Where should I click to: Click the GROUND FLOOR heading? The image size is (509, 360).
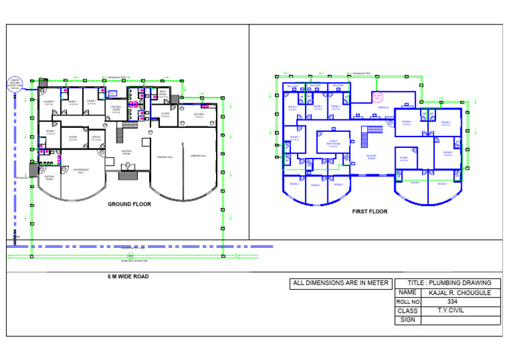[129, 205]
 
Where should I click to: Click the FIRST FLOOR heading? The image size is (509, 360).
[370, 212]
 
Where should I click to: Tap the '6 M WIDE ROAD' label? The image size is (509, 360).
[129, 276]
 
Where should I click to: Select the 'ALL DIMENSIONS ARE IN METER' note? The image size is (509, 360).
[341, 283]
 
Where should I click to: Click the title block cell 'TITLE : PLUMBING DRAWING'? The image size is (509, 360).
[449, 283]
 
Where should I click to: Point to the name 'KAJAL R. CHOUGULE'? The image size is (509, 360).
[460, 292]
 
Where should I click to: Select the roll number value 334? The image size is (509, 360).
[453, 302]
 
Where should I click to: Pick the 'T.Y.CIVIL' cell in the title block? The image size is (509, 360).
[451, 310]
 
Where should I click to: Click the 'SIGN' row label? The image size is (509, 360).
[408, 320]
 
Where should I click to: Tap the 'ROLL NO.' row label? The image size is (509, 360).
[408, 302]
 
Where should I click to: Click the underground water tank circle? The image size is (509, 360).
[15, 84]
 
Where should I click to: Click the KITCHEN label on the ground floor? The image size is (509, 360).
[199, 115]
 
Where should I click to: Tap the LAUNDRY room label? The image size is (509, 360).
[48, 103]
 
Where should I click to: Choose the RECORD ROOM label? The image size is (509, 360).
[116, 110]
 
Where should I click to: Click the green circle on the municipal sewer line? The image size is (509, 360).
[131, 255]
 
